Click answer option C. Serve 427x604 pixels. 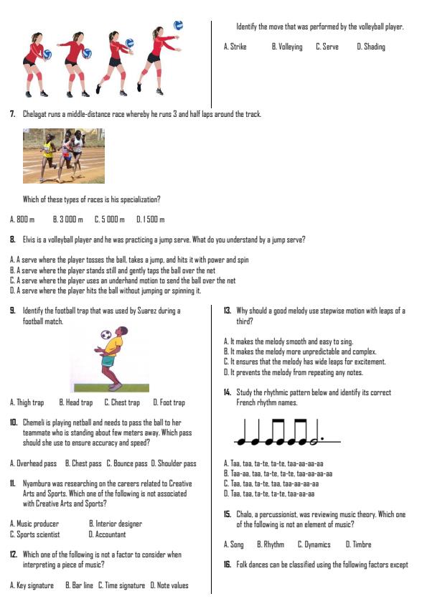(x=327, y=47)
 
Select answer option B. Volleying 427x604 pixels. (x=286, y=47)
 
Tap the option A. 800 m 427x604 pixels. (x=22, y=220)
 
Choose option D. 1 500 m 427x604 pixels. (x=151, y=220)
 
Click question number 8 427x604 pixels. (x=13, y=239)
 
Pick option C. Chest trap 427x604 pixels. (x=122, y=402)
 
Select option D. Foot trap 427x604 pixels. (x=169, y=402)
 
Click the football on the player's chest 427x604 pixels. (x=106, y=334)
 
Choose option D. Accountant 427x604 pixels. (x=107, y=534)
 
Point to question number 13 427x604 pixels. (x=227, y=311)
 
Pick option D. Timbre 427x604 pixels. (x=358, y=544)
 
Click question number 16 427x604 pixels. (x=227, y=565)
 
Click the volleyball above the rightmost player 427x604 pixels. (x=179, y=25)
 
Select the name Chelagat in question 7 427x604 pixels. (x=37, y=114)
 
